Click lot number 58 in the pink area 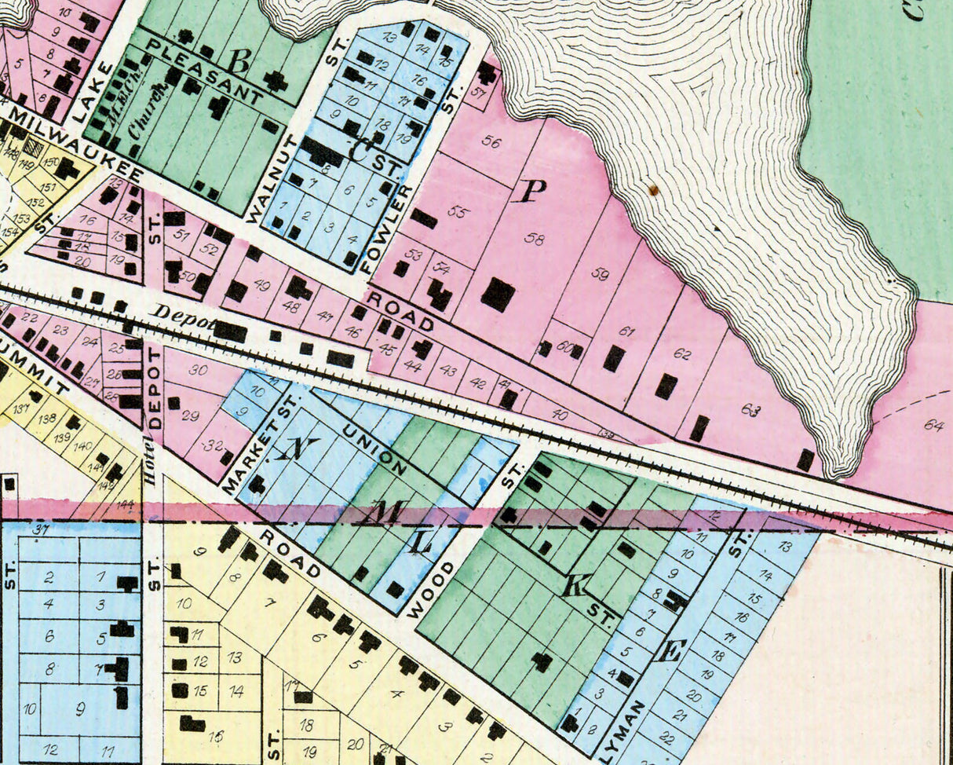pos(535,239)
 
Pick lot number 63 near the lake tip pos(750,409)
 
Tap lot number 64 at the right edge pos(933,425)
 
